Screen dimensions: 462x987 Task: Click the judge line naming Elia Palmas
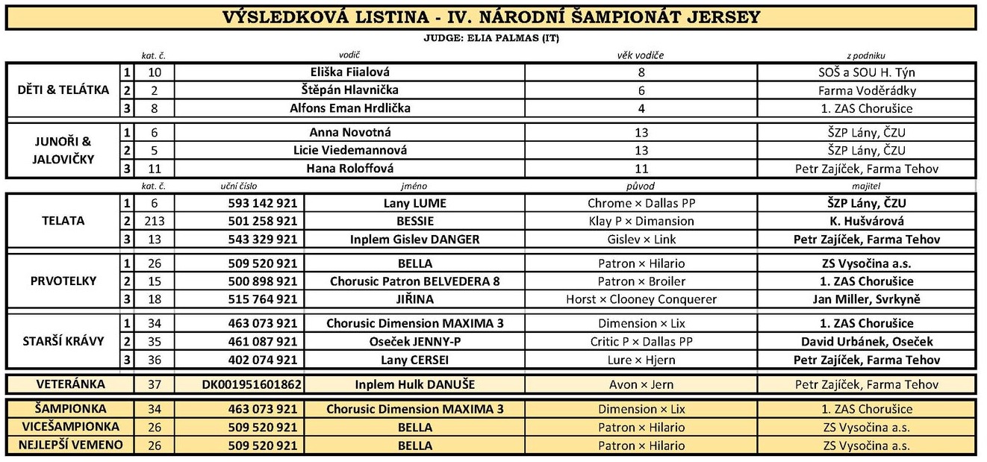tap(491, 39)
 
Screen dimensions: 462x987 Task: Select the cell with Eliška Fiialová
tap(349, 72)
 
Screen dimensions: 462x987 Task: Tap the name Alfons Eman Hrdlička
tap(349, 108)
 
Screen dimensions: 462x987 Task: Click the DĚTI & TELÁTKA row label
tap(63, 90)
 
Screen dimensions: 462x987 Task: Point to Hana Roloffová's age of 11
tap(641, 169)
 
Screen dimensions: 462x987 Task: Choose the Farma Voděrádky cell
tap(866, 90)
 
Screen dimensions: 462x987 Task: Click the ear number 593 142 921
tap(262, 203)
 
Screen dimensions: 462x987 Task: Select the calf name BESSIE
tap(415, 221)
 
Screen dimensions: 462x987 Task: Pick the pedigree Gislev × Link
tap(641, 240)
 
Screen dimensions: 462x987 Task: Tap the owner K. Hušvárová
tap(866, 221)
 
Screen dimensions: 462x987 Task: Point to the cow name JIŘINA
tap(415, 299)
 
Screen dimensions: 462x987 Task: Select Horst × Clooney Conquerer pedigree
tap(641, 299)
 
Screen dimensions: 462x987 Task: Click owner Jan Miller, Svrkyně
tap(866, 299)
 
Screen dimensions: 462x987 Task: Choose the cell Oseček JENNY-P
tap(415, 342)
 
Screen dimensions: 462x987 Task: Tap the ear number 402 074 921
tap(262, 360)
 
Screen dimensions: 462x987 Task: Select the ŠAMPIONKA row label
tap(70, 409)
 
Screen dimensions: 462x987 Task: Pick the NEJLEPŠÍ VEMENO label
tap(70, 446)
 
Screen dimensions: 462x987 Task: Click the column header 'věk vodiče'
tap(640, 55)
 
